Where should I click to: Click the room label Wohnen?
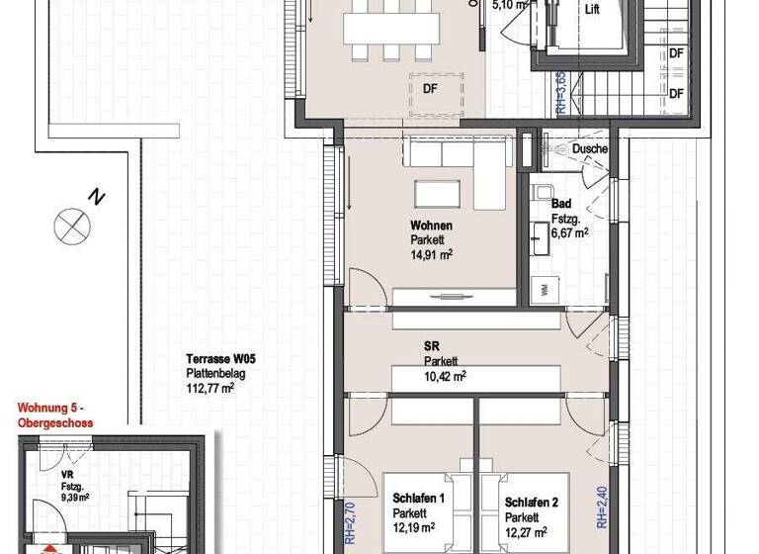432,227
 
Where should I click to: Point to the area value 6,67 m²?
569,233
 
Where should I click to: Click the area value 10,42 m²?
445,376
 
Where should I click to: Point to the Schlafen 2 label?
531,503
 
